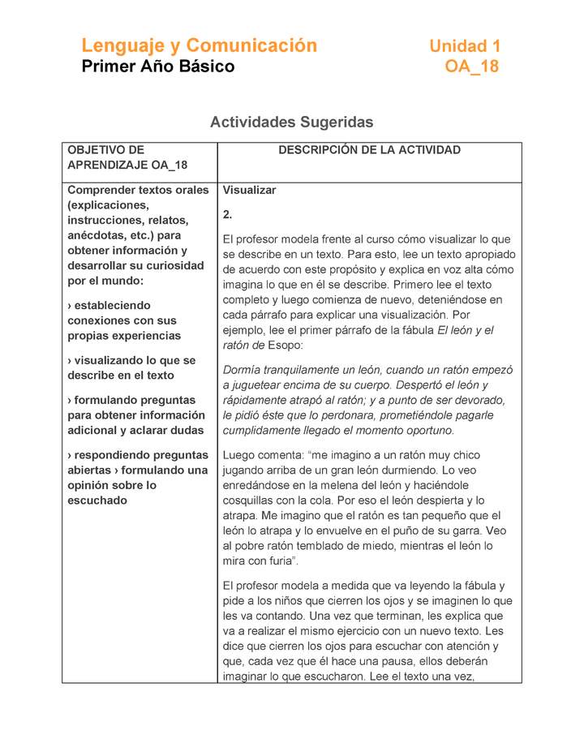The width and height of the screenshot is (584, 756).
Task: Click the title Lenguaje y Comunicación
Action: click(x=199, y=45)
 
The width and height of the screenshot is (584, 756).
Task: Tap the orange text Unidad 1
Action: click(x=465, y=46)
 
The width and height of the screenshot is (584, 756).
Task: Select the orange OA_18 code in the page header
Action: click(x=471, y=67)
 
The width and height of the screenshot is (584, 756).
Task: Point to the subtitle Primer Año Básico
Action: click(x=158, y=67)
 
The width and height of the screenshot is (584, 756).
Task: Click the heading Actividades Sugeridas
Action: click(x=291, y=122)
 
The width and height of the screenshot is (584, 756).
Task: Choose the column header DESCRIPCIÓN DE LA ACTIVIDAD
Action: click(x=369, y=150)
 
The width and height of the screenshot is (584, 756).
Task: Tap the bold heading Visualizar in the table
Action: click(x=250, y=191)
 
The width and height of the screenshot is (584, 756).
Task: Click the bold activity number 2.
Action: click(x=228, y=215)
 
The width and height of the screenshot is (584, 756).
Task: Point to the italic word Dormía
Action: click(x=247, y=370)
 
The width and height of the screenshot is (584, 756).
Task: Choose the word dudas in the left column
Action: click(x=187, y=430)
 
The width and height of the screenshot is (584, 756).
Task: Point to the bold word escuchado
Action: click(x=97, y=500)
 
